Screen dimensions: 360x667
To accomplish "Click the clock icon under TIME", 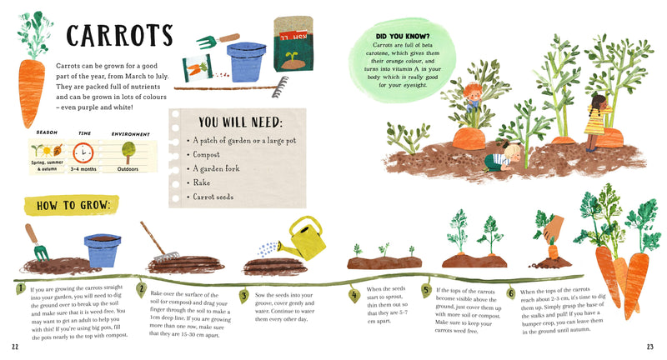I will tap(83, 153).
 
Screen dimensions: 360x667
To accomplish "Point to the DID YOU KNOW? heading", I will tap(403, 37).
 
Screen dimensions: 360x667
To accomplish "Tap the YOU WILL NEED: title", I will tap(231, 122).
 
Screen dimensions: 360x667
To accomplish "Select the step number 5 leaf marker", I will tap(426, 291).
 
